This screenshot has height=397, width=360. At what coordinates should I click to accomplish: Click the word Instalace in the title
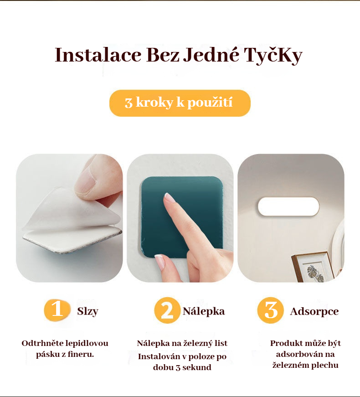click(98, 55)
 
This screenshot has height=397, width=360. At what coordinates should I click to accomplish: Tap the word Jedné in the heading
click(211, 55)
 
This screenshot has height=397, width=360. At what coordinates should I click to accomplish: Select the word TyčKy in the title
click(273, 56)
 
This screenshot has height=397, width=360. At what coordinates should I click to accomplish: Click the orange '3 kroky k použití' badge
click(180, 103)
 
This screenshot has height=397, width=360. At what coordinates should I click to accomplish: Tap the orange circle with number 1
click(57, 310)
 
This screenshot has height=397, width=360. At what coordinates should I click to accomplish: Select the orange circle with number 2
click(167, 310)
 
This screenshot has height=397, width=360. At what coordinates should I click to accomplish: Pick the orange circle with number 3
click(270, 310)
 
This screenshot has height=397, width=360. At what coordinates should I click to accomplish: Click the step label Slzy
click(87, 311)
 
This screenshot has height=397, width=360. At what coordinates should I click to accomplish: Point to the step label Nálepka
click(204, 311)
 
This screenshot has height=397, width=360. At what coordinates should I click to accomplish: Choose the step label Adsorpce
click(314, 312)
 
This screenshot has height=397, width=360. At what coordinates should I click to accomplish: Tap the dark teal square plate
click(181, 217)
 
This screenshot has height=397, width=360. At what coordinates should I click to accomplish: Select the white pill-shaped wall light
click(288, 206)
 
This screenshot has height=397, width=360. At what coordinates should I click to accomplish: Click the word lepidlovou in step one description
click(87, 343)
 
